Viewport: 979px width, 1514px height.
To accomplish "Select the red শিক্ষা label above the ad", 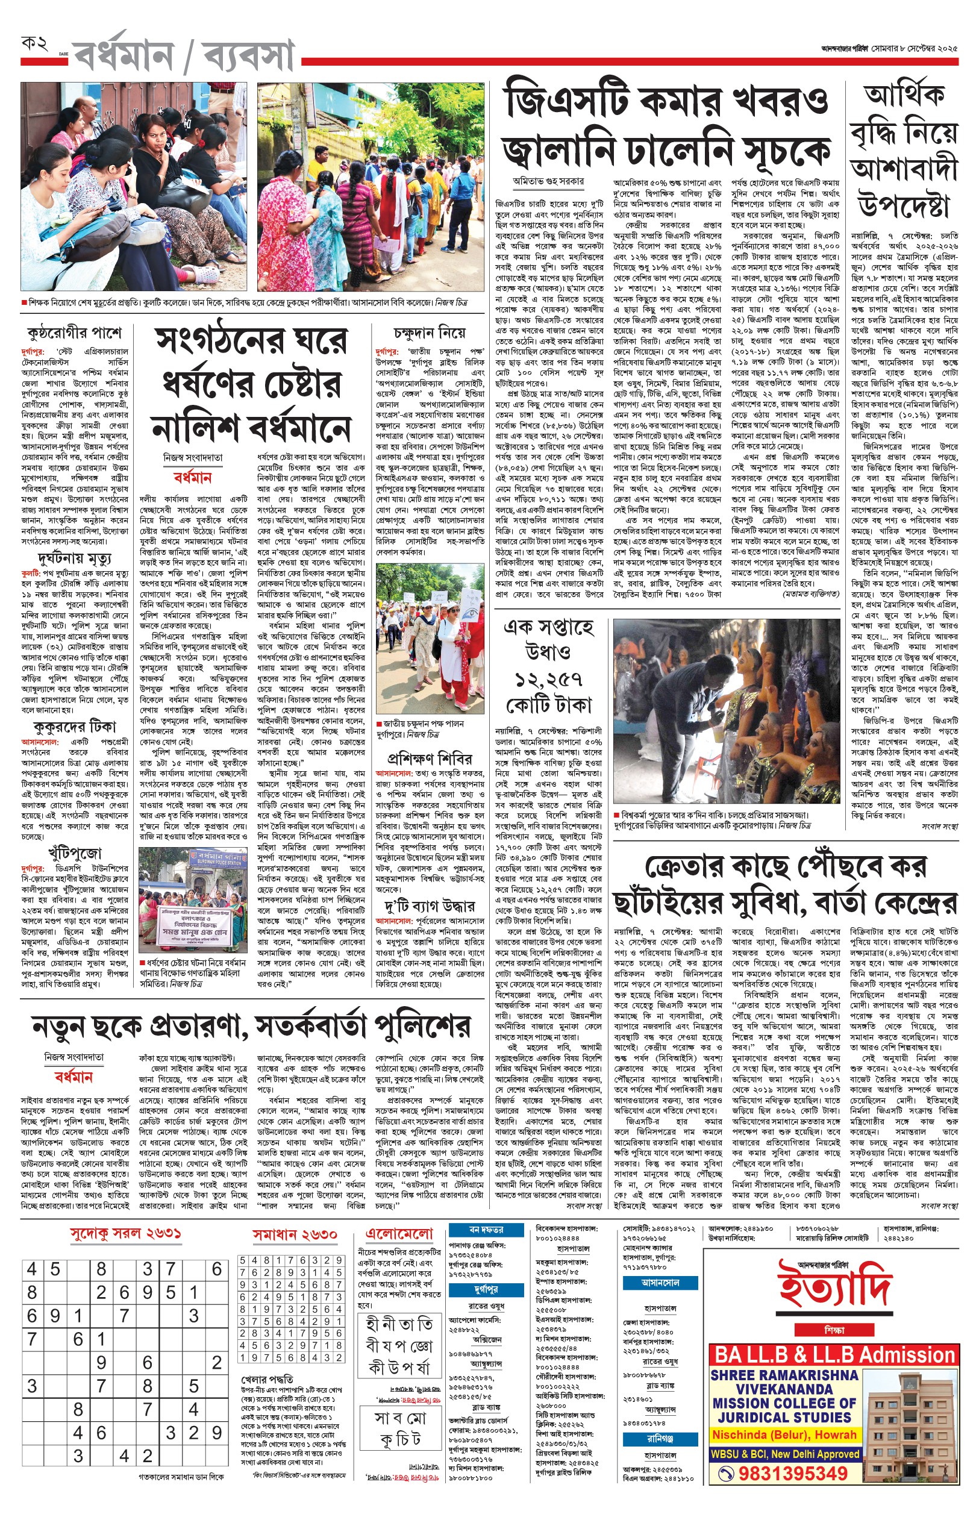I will click(833, 1329).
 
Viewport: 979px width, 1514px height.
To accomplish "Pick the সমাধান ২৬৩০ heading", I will click(295, 1234).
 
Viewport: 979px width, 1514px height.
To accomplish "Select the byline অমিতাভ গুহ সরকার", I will click(549, 181).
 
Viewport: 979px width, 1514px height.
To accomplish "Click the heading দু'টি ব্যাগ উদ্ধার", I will click(429, 905).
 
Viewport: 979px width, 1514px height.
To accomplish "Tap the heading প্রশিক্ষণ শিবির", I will click(430, 759).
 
